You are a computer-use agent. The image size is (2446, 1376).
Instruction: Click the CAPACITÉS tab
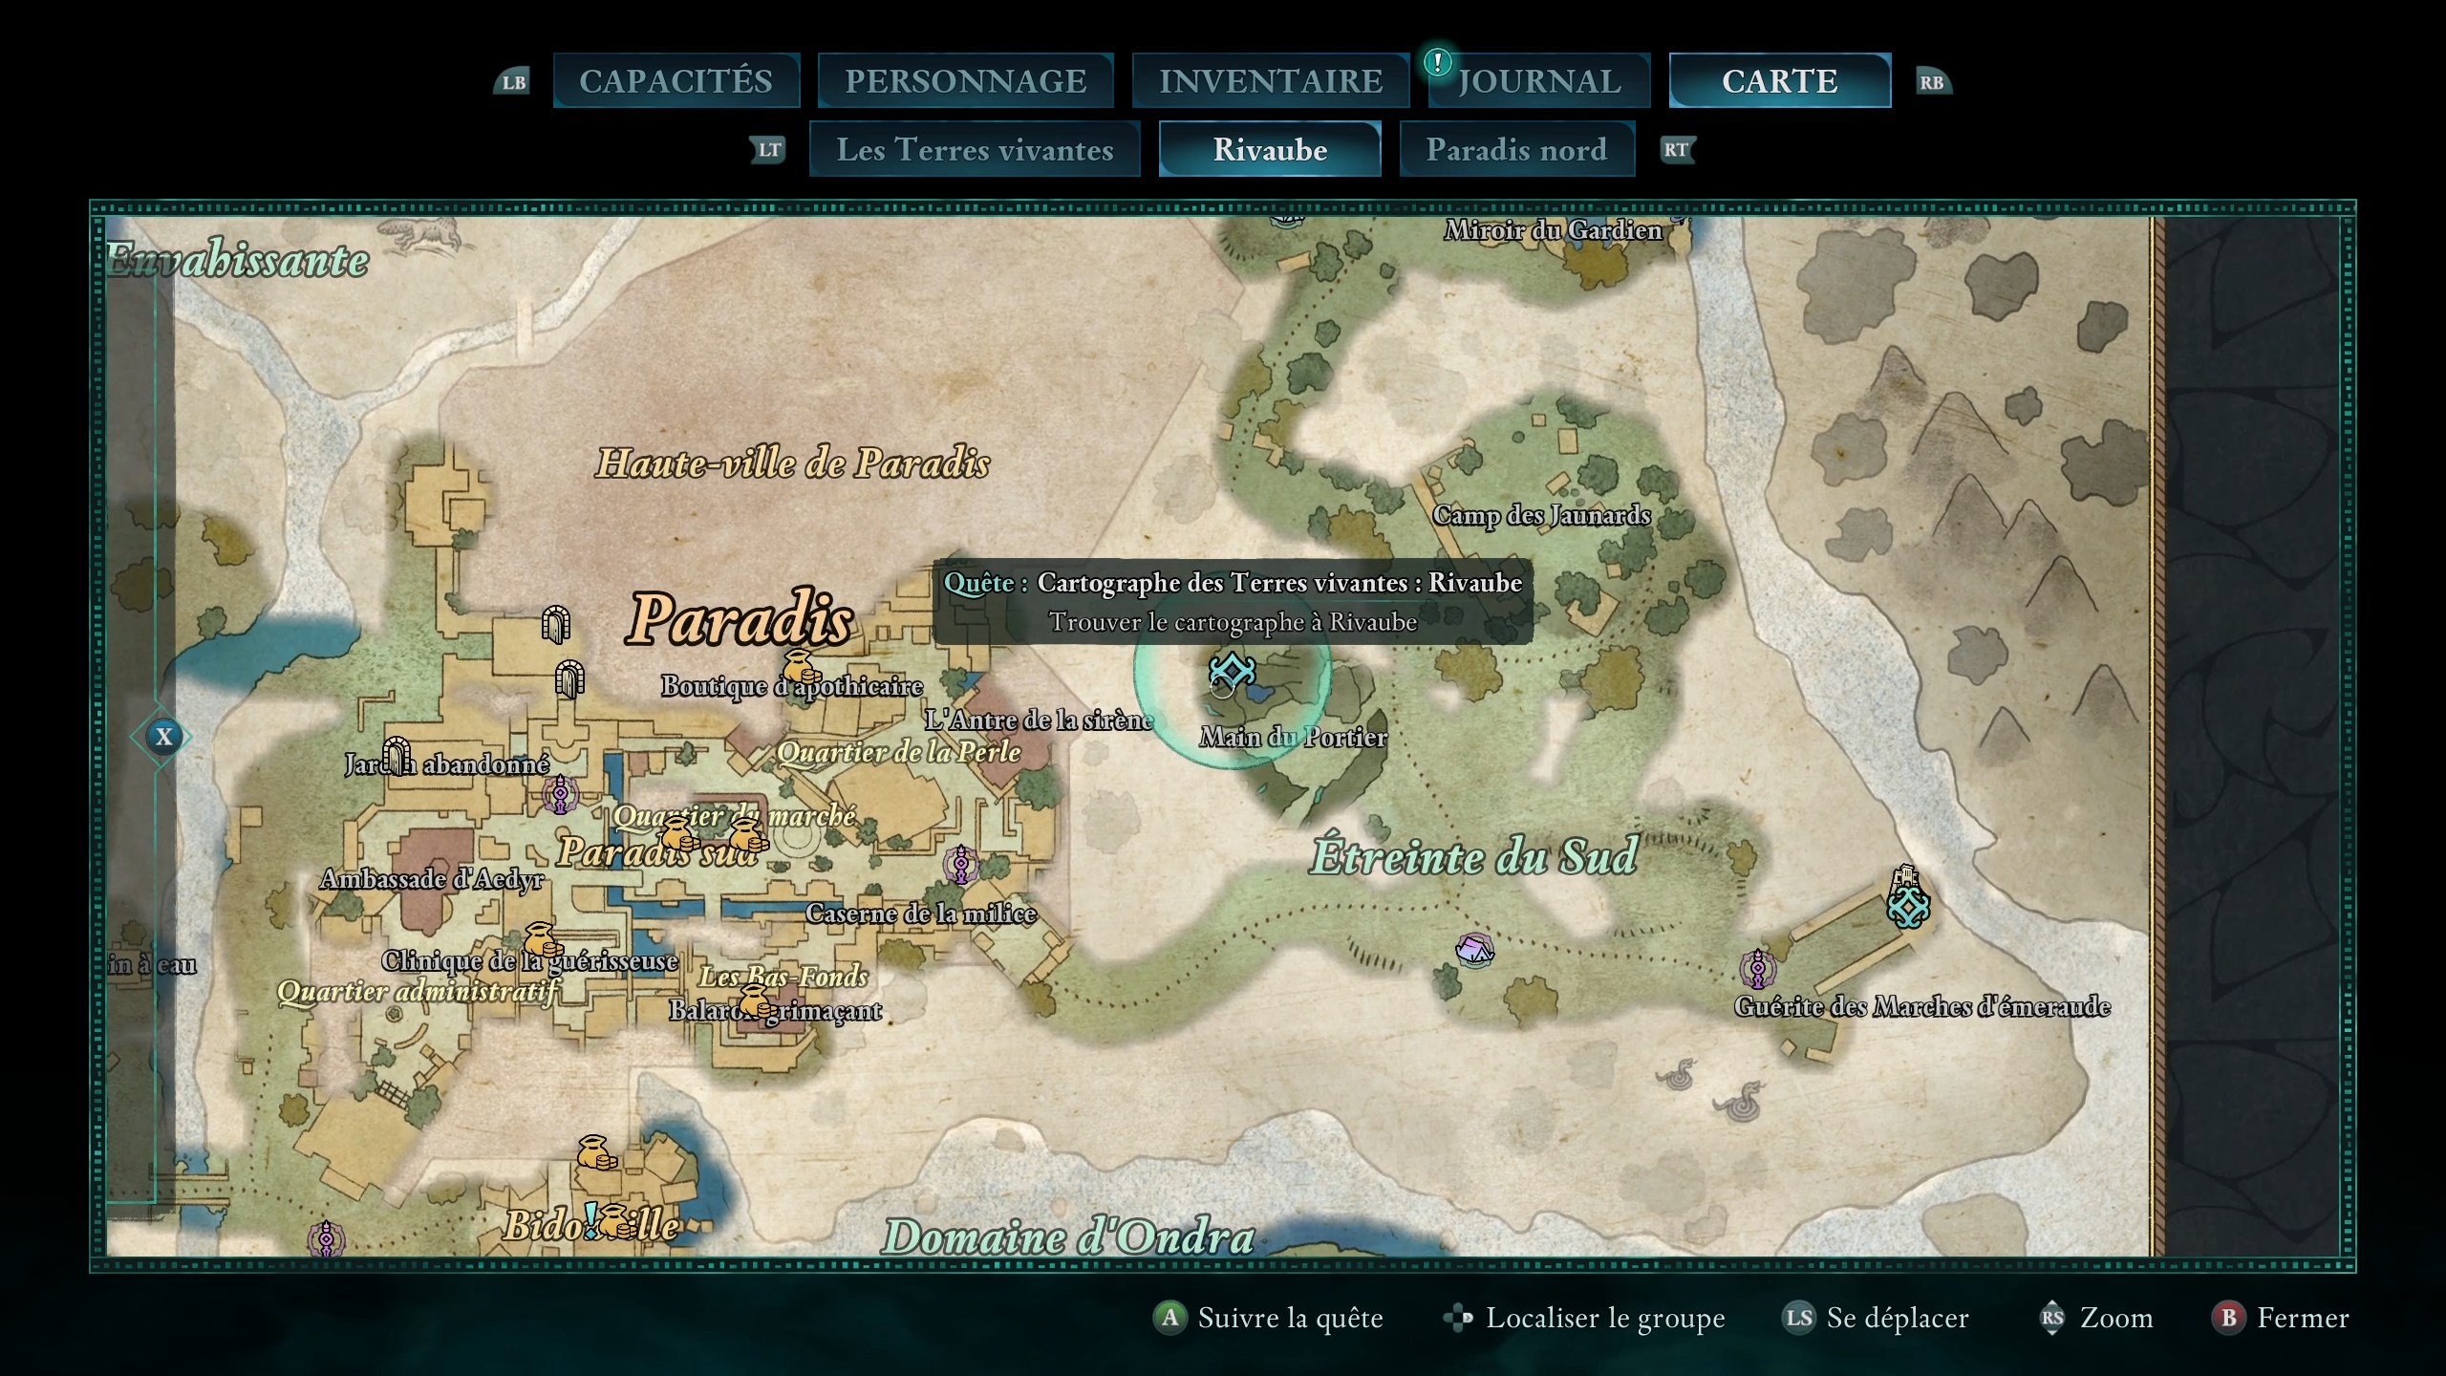676,81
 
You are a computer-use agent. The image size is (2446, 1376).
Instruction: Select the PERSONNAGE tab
965,81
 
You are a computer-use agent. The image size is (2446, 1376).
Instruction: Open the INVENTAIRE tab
1270,81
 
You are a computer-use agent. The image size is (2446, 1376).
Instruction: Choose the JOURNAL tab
1539,81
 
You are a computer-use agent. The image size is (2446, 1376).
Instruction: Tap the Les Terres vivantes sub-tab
975,150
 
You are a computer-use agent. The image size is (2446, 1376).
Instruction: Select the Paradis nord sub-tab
1516,150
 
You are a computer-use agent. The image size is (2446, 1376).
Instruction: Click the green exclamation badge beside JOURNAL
1437,63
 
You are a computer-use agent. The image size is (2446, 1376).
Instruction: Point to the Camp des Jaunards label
1541,516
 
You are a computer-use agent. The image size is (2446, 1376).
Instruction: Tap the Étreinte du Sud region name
1473,856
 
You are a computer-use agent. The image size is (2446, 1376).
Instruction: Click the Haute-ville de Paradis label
792,464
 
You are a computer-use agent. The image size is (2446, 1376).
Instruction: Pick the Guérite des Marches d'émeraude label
1921,1006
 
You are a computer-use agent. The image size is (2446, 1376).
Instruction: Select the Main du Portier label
1293,738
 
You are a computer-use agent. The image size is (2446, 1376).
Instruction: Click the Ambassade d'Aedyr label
432,879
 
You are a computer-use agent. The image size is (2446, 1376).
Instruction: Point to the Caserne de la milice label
920,914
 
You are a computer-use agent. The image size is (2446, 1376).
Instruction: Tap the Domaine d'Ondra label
1067,1237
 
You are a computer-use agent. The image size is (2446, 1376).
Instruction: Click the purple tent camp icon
1473,950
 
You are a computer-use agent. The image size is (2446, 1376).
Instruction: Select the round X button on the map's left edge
164,737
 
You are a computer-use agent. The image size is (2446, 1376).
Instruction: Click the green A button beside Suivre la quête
1169,1319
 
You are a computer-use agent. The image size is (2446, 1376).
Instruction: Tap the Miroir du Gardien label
1553,230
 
